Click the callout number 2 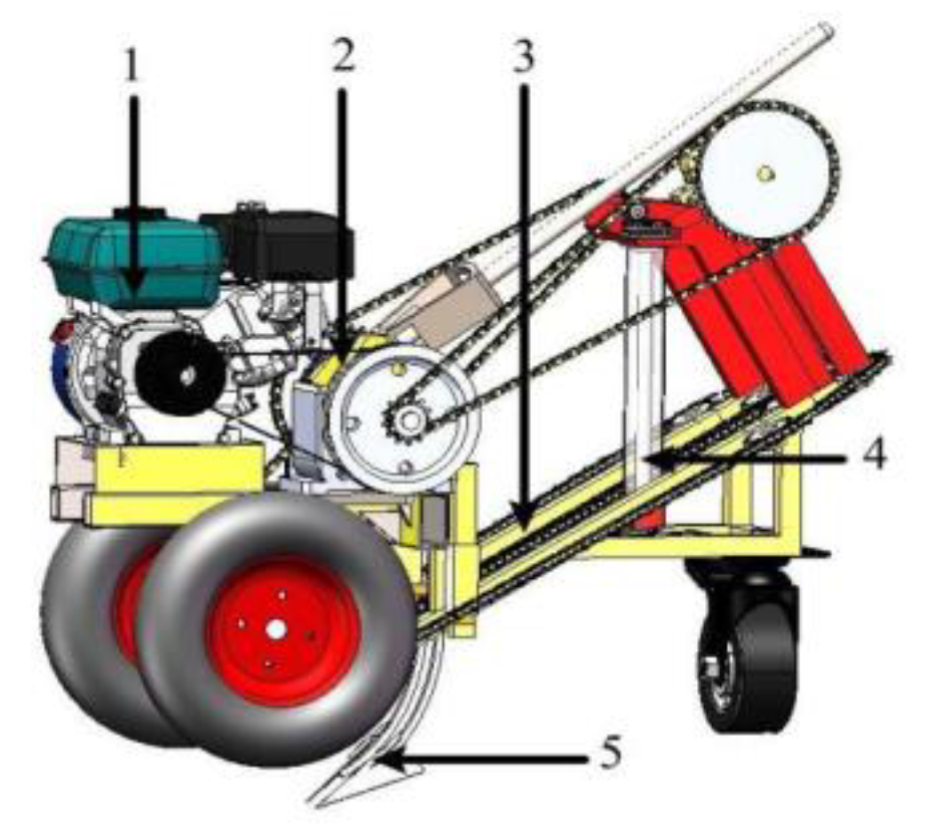coord(343,55)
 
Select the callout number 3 coord(522,55)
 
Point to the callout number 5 coord(607,756)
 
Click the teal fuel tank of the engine coord(133,257)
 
